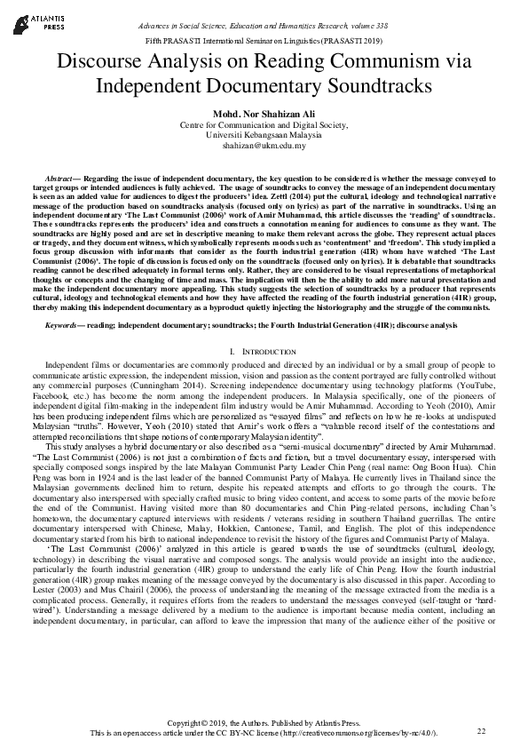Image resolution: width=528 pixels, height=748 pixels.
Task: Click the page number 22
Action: coord(482,730)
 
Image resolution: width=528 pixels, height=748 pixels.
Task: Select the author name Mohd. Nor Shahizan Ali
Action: coord(264,114)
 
